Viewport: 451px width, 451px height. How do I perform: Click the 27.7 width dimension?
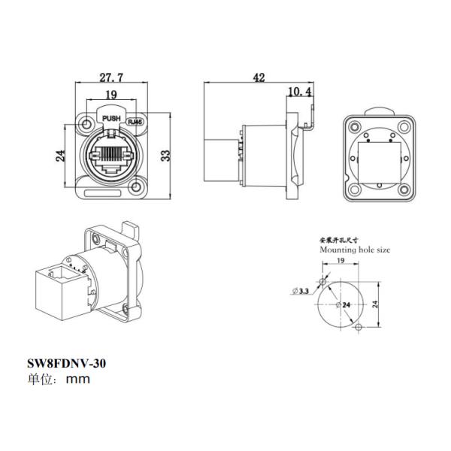[x=110, y=77]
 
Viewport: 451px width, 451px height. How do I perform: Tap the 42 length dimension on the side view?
[x=259, y=77]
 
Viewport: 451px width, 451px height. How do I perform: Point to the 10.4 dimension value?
[x=300, y=92]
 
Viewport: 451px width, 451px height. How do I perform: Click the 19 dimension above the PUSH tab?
[x=110, y=95]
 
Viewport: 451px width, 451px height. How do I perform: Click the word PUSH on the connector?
[x=111, y=120]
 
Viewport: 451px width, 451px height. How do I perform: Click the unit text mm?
[x=77, y=379]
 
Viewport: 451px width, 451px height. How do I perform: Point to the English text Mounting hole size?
[x=356, y=248]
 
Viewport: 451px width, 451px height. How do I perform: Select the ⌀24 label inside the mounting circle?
[x=344, y=304]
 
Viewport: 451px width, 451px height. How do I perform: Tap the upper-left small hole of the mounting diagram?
[x=323, y=280]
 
